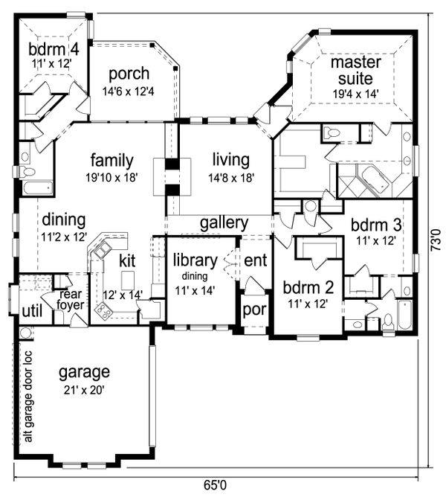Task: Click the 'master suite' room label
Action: point(355,70)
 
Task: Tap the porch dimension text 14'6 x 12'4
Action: point(128,92)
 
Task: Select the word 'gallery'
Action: point(224,223)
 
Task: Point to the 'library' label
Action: point(195,260)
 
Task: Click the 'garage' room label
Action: point(84,373)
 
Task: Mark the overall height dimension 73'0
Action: point(436,240)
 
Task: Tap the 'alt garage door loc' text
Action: point(28,397)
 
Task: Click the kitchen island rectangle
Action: point(128,280)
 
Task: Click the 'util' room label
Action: point(32,311)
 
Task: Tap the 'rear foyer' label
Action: point(71,300)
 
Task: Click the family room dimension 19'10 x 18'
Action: point(111,177)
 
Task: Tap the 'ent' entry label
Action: point(256,260)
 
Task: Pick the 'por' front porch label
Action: point(255,310)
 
